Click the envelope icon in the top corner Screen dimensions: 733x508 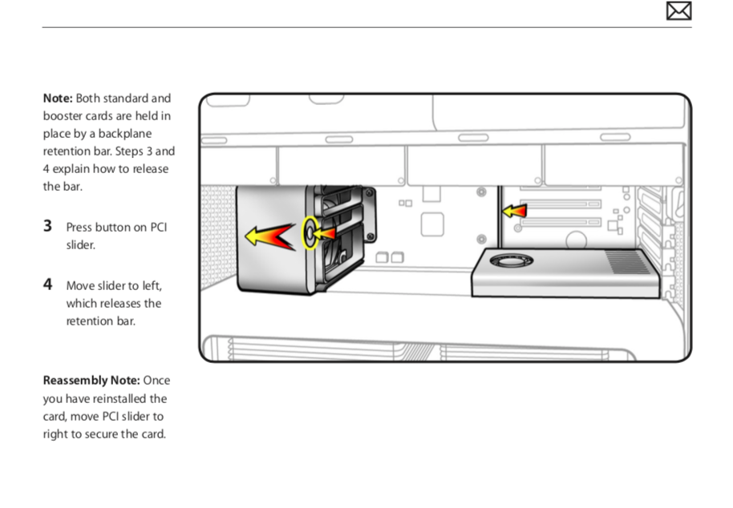coord(678,10)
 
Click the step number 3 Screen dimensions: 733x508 coord(47,226)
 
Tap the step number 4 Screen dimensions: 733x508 coord(47,284)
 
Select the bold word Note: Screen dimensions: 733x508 coord(58,98)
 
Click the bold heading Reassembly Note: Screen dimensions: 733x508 coord(91,381)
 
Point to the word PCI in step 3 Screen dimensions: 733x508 coord(159,228)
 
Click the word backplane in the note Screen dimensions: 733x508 coord(125,134)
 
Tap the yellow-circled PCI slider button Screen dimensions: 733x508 coord(310,232)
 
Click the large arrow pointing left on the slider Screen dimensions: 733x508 coord(271,236)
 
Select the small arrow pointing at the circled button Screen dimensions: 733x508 coord(324,233)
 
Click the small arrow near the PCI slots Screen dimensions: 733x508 coord(514,212)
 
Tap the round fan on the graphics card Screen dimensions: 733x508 coord(511,260)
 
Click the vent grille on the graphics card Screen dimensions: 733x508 coord(627,262)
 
